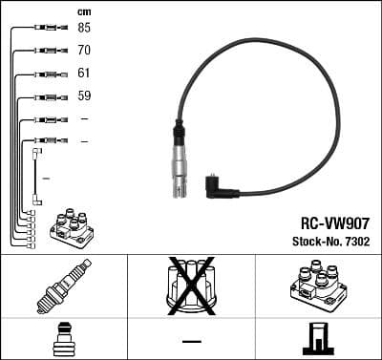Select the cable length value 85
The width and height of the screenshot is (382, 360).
click(x=84, y=28)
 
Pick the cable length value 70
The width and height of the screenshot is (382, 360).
click(x=84, y=50)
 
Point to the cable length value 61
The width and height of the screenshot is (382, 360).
click(x=84, y=73)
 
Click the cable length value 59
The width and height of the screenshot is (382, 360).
click(x=84, y=95)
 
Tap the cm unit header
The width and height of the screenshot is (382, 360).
click(x=84, y=11)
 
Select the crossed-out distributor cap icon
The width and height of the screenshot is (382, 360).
click(x=190, y=285)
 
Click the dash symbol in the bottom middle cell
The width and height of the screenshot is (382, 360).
click(x=191, y=340)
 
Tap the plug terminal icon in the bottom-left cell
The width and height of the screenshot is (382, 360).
click(x=63, y=339)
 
